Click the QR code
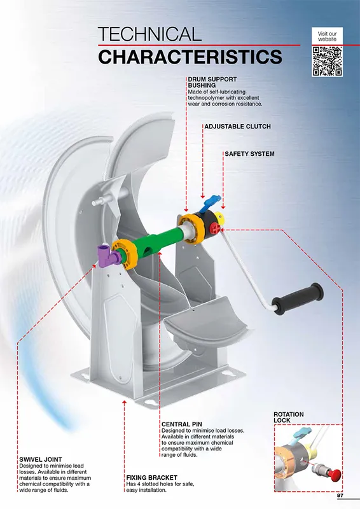click(x=327, y=61)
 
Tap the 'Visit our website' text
click(x=327, y=36)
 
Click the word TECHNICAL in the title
click(x=149, y=34)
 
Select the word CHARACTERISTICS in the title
click(x=190, y=57)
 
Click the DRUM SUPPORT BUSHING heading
click(x=212, y=82)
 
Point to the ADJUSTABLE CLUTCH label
click(x=237, y=126)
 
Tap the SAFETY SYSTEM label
click(x=249, y=154)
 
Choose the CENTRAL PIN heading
click(x=182, y=424)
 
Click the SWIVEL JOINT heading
click(x=41, y=459)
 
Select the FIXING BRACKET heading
click(x=151, y=478)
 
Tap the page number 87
click(x=340, y=496)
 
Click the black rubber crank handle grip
click(x=297, y=298)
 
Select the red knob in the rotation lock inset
click(x=334, y=474)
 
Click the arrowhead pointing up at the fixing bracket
click(x=124, y=403)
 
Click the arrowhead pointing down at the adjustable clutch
click(x=202, y=196)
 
